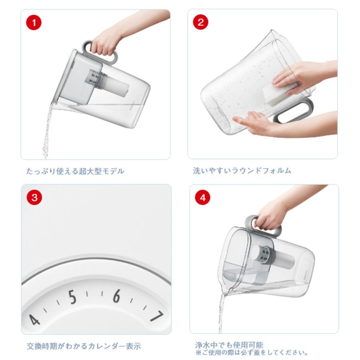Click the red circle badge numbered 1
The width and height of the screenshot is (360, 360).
click(x=34, y=23)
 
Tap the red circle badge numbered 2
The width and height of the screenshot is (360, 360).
click(x=200, y=22)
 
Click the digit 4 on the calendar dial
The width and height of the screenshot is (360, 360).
click(x=35, y=319)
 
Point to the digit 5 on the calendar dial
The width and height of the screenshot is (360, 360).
click(x=72, y=297)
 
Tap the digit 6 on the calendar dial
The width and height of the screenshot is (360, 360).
click(x=116, y=296)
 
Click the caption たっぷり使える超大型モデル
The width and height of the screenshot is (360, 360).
click(x=75, y=171)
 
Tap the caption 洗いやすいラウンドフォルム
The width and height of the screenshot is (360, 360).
click(x=242, y=171)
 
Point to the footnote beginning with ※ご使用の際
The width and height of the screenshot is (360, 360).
click(x=252, y=353)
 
